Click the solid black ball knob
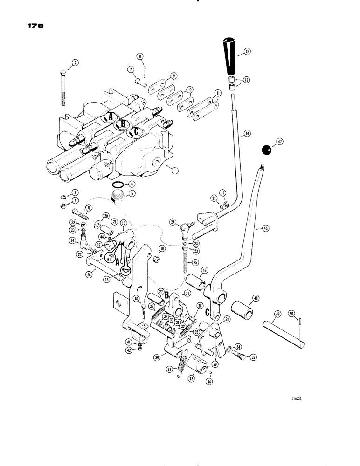(x=266, y=150)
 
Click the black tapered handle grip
(x=232, y=55)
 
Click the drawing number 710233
(x=297, y=399)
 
